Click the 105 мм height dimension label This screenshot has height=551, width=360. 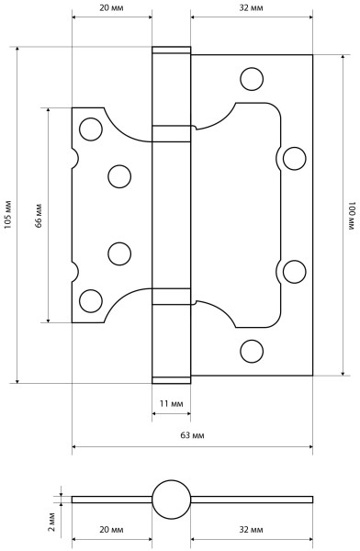pos(7,215)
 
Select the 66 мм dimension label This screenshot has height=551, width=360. pos(39,216)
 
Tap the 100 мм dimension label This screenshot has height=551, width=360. pos(352,216)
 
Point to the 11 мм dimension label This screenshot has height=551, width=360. pos(171,404)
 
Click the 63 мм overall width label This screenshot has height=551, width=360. pos(192,435)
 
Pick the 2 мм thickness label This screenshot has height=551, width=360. pos(51,522)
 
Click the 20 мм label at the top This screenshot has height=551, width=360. pos(111,7)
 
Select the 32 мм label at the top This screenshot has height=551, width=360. pos(251,7)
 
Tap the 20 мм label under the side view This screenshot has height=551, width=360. pos(111,529)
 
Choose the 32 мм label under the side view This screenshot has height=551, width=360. pos(251,529)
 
